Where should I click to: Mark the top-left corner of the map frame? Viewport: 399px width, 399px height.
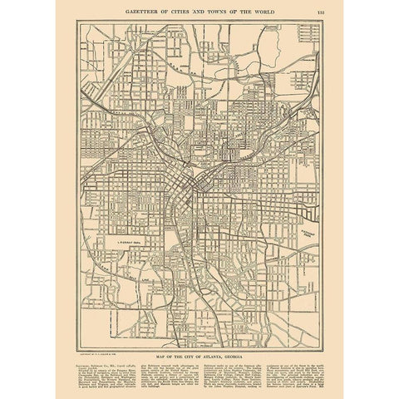coord(78,24)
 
